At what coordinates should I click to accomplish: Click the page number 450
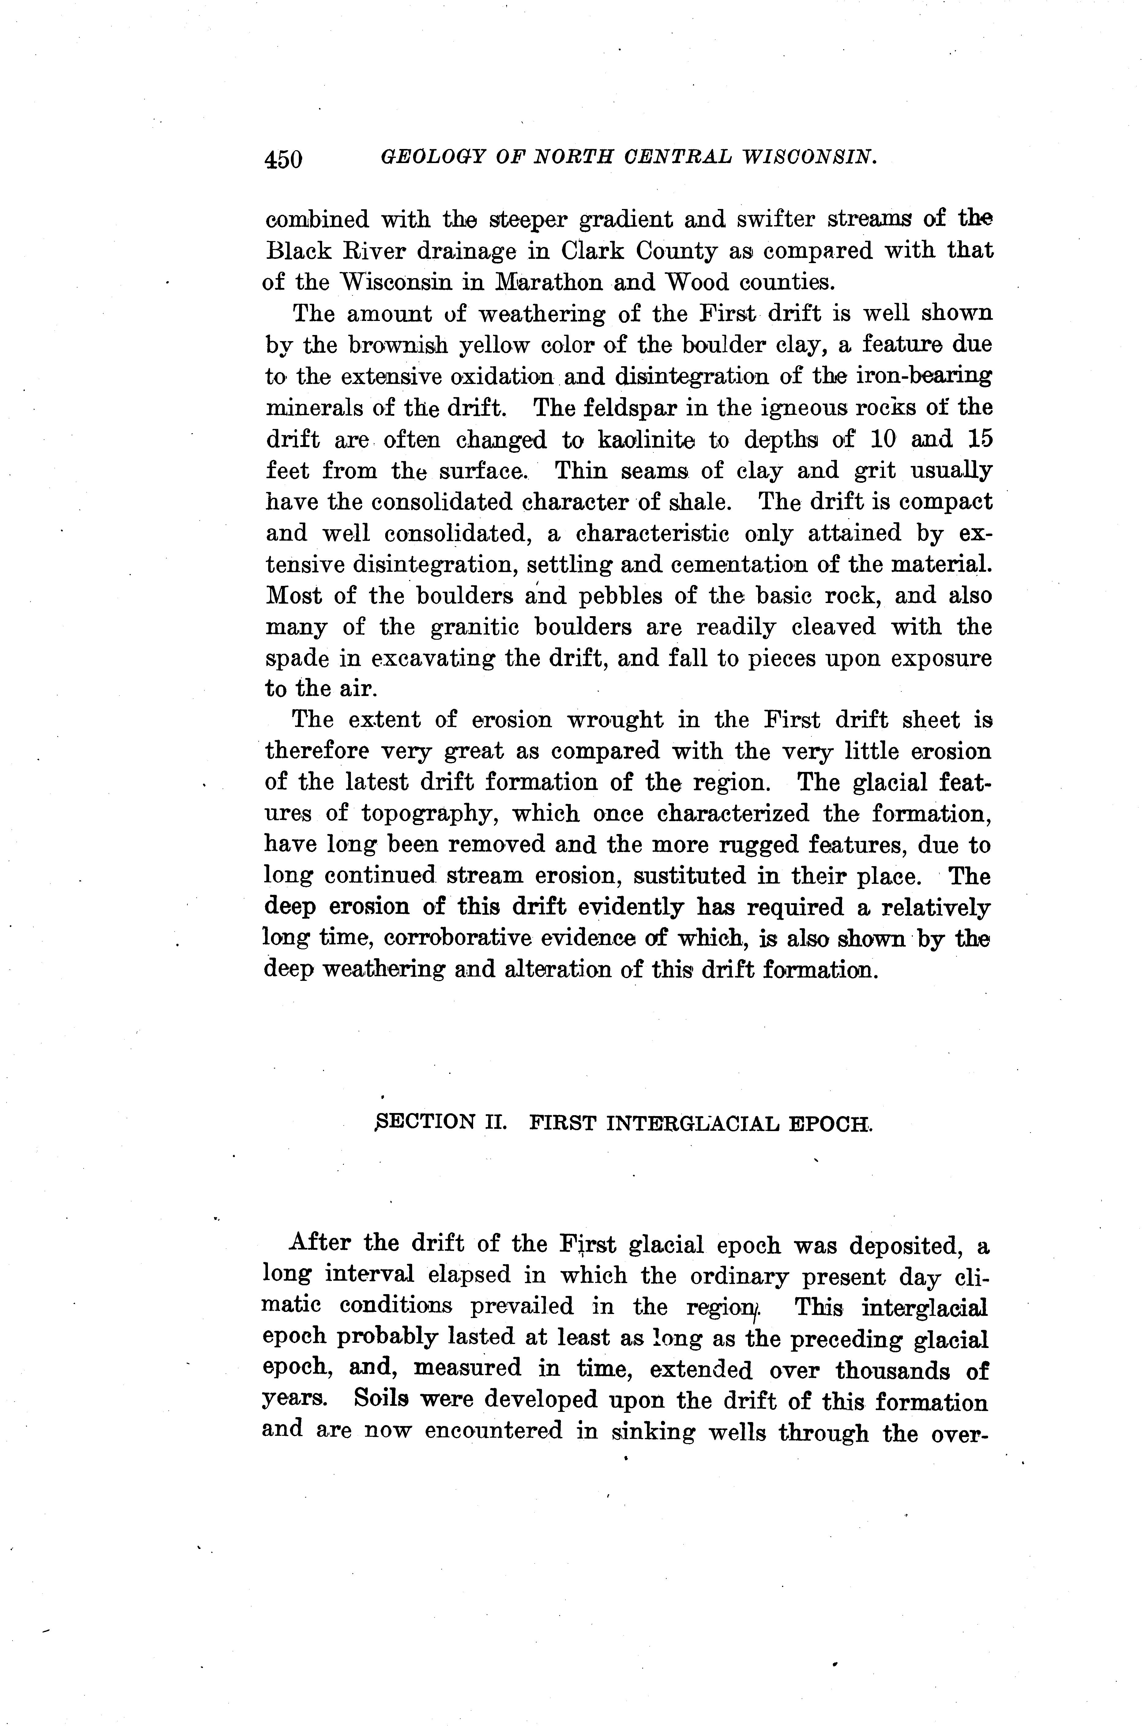(x=284, y=158)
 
